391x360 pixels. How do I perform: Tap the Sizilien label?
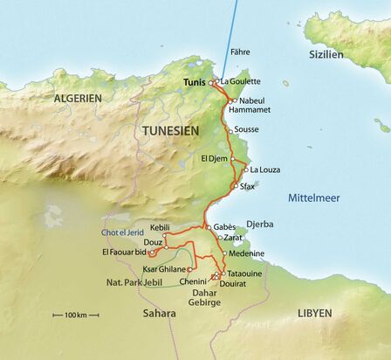(326, 53)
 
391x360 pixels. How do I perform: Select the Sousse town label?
(248, 129)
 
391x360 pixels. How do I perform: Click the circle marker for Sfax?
(232, 186)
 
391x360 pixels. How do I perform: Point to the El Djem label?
(214, 159)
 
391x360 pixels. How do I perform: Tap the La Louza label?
(264, 170)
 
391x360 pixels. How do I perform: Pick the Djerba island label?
(260, 224)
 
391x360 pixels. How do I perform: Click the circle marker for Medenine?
(224, 254)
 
